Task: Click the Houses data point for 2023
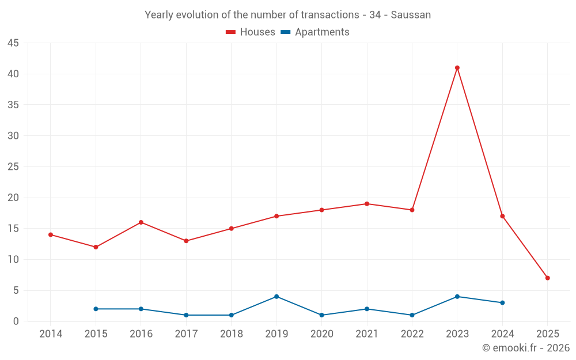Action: coord(457,68)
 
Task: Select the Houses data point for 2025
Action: coord(548,278)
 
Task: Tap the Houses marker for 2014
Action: coord(51,235)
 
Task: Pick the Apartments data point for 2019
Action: coord(276,297)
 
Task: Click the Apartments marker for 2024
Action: coord(503,303)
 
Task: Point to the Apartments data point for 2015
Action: coord(96,309)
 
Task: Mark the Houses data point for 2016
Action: coord(141,222)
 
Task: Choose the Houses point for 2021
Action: coord(367,204)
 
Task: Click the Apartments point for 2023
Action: coord(457,297)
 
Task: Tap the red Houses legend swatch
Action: coord(231,32)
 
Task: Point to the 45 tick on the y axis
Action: coord(13,43)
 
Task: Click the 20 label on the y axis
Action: coord(13,198)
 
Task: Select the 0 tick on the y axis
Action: coord(16,321)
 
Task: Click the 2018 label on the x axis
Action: coord(231,334)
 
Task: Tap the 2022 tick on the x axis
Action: coord(412,334)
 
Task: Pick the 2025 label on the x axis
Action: coord(548,334)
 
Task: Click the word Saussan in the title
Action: coord(411,15)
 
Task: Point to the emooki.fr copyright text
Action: coord(526,348)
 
